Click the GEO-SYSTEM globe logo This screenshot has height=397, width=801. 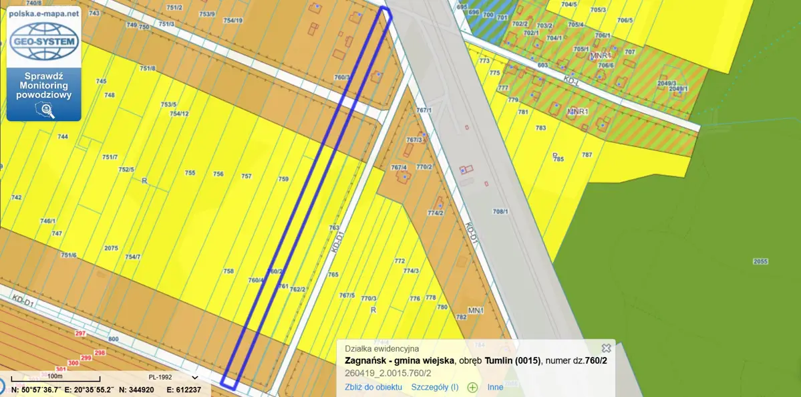[44, 41]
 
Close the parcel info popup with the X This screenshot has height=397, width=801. [606, 348]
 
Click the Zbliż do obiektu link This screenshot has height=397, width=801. [373, 387]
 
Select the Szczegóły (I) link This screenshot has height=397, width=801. [434, 387]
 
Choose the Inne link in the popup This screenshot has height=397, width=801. [495, 387]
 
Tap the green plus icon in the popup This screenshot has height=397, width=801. [472, 387]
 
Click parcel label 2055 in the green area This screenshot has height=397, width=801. [760, 261]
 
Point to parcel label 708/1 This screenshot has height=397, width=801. [500, 212]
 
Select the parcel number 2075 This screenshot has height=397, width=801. [111, 248]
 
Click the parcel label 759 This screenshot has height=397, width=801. [283, 179]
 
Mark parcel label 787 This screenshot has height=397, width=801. [587, 154]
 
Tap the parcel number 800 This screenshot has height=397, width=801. [113, 340]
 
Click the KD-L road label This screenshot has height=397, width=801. [570, 79]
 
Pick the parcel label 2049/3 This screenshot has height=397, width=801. [667, 84]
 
